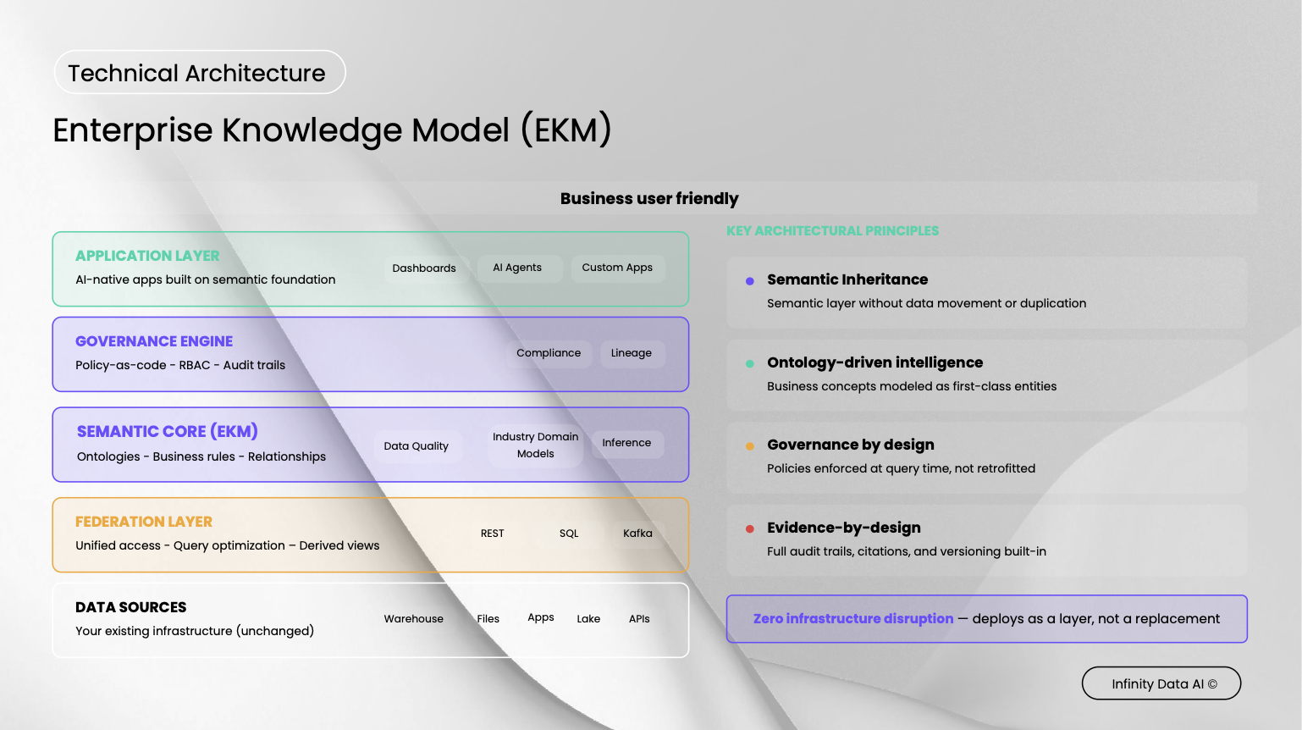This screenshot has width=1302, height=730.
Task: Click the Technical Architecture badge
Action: pyautogui.click(x=199, y=73)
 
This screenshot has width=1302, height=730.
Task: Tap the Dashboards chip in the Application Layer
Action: pyautogui.click(x=424, y=268)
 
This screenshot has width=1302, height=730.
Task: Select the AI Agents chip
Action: pyautogui.click(x=517, y=268)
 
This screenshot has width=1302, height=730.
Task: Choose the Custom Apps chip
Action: pyautogui.click(x=617, y=268)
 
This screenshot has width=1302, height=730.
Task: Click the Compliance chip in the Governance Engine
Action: pyautogui.click(x=549, y=353)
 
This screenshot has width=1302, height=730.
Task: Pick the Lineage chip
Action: pyautogui.click(x=632, y=353)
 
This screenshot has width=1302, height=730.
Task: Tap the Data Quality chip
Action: pyautogui.click(x=417, y=446)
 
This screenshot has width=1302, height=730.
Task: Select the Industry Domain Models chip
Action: pyautogui.click(x=536, y=445)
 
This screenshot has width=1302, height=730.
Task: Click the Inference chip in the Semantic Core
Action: pyautogui.click(x=626, y=443)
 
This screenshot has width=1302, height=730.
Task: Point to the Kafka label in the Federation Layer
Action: pyautogui.click(x=637, y=534)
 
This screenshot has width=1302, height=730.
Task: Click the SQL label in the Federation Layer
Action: pyautogui.click(x=569, y=534)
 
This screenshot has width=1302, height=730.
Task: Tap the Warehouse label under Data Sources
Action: pyautogui.click(x=414, y=619)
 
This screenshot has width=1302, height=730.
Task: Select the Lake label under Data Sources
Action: pyautogui.click(x=588, y=619)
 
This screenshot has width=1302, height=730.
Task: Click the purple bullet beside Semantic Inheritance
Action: pyautogui.click(x=750, y=281)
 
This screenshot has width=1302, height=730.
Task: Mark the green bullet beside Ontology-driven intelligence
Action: pyautogui.click(x=750, y=364)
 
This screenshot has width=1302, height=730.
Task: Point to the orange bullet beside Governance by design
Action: pyautogui.click(x=750, y=446)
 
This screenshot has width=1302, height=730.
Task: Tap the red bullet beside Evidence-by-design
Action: pyautogui.click(x=750, y=529)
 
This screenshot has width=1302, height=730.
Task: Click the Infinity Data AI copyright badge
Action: pyautogui.click(x=1161, y=683)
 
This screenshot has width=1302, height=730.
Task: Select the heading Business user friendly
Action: pyautogui.click(x=649, y=199)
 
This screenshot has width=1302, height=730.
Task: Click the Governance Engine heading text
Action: pyautogui.click(x=154, y=341)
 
